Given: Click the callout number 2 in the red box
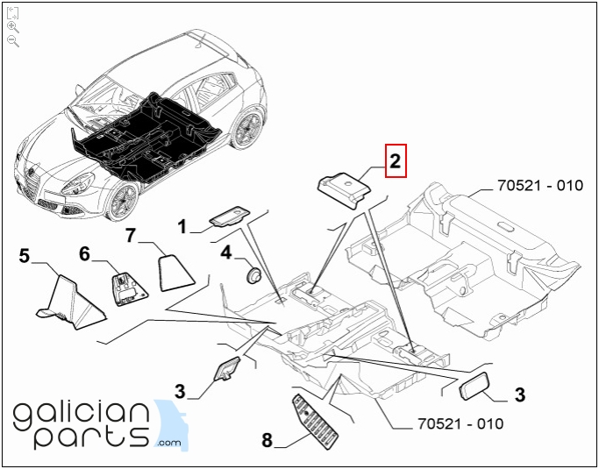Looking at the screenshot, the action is pyautogui.click(x=395, y=160).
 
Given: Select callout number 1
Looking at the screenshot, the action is pyautogui.click(x=182, y=227).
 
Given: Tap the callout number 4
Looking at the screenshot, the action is pyautogui.click(x=226, y=252).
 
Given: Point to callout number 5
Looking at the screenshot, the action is pyautogui.click(x=24, y=255).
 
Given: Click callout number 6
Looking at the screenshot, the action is pyautogui.click(x=84, y=253).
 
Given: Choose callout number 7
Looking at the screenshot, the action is pyautogui.click(x=131, y=235).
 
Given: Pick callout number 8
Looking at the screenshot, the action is pyautogui.click(x=267, y=439).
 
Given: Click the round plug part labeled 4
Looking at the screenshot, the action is pyautogui.click(x=253, y=275).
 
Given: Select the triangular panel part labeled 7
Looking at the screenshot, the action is pyautogui.click(x=175, y=273).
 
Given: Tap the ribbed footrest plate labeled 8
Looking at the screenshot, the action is pyautogui.click(x=315, y=422).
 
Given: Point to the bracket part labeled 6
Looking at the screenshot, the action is pyautogui.click(x=128, y=288).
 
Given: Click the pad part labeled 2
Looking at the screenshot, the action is pyautogui.click(x=344, y=189).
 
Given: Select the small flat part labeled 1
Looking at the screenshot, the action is pyautogui.click(x=229, y=217).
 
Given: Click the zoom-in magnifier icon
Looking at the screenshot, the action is pyautogui.click(x=13, y=27).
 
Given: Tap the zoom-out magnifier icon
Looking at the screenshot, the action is pyautogui.click(x=13, y=41).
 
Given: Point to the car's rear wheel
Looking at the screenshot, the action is pyautogui.click(x=246, y=129).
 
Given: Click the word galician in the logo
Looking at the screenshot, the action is pyautogui.click(x=82, y=416).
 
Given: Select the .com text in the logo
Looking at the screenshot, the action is pyautogui.click(x=169, y=443).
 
